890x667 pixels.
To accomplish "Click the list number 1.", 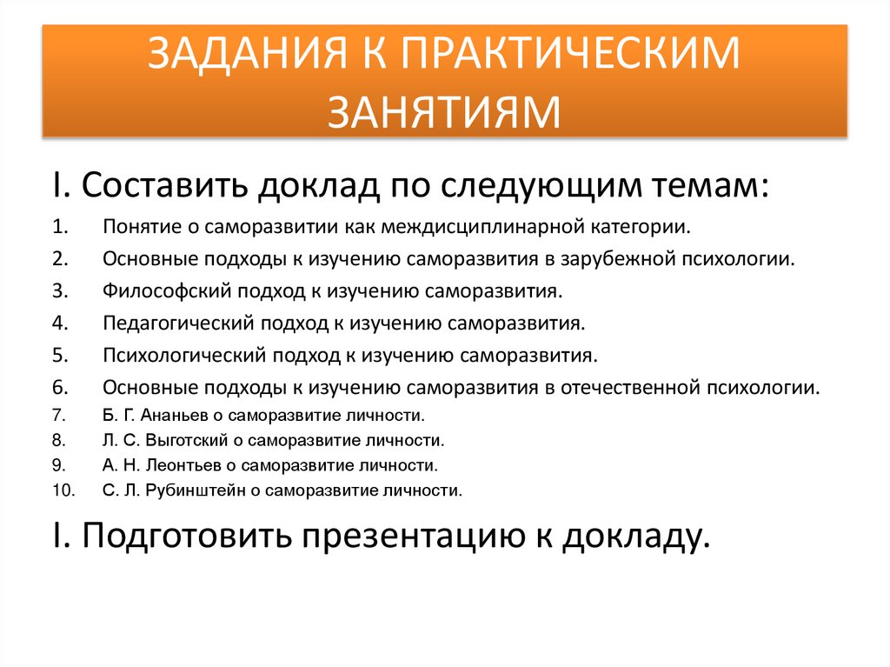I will (58, 228).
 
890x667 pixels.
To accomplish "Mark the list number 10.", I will (62, 490).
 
